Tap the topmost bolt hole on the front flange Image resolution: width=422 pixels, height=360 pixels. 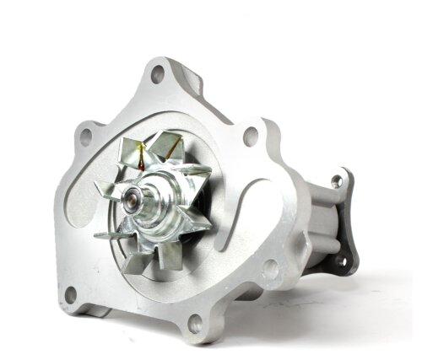coord(157,74)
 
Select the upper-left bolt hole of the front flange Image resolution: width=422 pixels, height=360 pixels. coord(84,135)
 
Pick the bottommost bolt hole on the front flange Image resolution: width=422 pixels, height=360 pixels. coord(196,321)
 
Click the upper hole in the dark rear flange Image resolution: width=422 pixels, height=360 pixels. coord(337,180)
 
